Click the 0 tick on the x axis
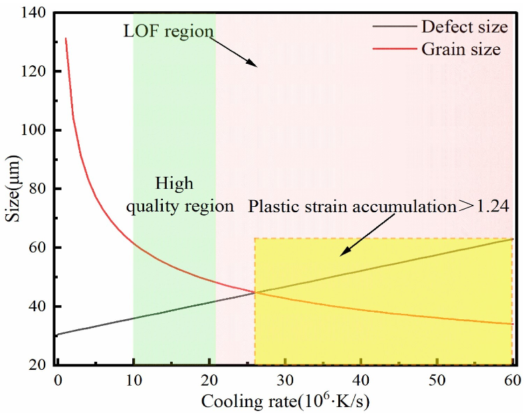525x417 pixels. [x=58, y=381]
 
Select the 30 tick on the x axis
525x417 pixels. [x=285, y=381]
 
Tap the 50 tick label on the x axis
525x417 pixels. [x=437, y=381]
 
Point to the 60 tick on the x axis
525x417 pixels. [x=512, y=381]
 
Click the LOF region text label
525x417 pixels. [x=168, y=31]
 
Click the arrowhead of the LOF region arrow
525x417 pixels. [x=254, y=65]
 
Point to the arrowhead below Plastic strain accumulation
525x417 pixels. [x=341, y=255]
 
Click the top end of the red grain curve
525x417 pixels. [x=65, y=39]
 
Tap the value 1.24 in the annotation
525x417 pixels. [x=493, y=206]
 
